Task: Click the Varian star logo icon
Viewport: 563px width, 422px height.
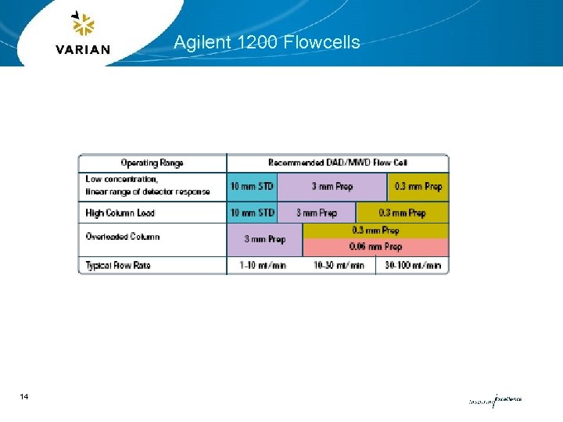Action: click(x=82, y=25)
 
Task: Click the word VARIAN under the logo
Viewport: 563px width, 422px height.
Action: click(x=84, y=49)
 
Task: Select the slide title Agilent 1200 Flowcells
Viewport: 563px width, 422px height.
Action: click(x=267, y=42)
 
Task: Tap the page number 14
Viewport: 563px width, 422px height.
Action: click(x=25, y=398)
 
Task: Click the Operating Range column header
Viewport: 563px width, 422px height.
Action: click(x=152, y=163)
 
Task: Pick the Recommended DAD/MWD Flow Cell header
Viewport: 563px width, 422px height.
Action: click(x=337, y=163)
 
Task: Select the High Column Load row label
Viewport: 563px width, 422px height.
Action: click(x=120, y=213)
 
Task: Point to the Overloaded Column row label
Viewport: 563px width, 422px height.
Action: click(x=123, y=237)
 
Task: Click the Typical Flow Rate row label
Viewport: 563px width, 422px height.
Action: click(x=118, y=266)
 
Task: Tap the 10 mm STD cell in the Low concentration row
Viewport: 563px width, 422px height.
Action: click(x=252, y=187)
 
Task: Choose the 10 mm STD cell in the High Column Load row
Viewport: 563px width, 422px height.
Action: click(x=252, y=213)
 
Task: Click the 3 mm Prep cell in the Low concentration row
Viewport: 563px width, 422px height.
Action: click(x=332, y=187)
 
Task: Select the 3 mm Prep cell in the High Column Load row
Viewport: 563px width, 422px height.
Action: click(x=316, y=213)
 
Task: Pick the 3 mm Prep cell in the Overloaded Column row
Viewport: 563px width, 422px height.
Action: click(x=264, y=239)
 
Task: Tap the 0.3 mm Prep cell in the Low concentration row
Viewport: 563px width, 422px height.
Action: click(x=418, y=187)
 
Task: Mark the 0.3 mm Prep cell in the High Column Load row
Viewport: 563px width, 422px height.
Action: click(x=402, y=213)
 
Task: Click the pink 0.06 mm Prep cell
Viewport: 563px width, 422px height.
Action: click(x=376, y=247)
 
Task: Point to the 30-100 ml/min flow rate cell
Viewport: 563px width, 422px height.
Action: click(x=413, y=266)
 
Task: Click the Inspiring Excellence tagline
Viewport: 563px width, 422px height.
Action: click(x=495, y=400)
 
